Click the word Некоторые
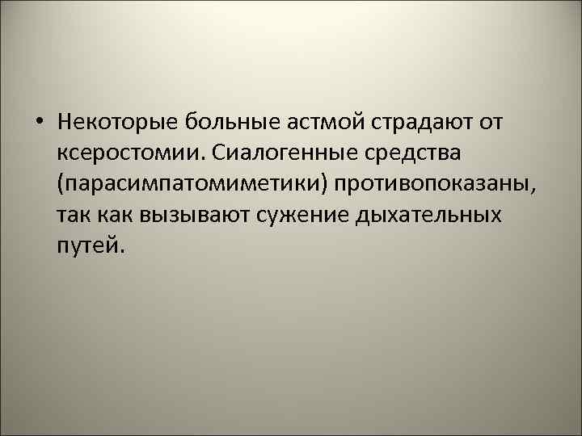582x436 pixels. (x=117, y=122)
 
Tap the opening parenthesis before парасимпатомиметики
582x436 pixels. (x=61, y=184)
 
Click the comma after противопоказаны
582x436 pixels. (x=532, y=189)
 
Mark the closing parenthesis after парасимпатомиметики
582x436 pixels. (x=324, y=184)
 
